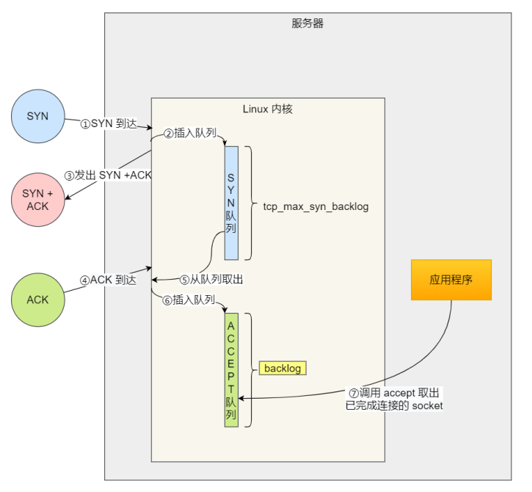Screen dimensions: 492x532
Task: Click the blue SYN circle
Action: coord(37,116)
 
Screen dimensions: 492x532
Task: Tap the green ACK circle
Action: coord(37,300)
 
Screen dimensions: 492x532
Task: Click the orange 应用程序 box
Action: coord(451,280)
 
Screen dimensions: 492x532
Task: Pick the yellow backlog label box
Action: coord(282,368)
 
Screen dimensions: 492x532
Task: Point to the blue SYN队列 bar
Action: coord(231,203)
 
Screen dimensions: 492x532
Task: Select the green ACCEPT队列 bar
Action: coord(231,369)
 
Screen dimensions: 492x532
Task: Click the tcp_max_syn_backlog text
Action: coord(316,207)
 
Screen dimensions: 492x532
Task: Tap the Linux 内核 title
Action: coord(268,109)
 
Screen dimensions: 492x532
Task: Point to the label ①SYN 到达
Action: coord(109,124)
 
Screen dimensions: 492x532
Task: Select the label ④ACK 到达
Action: coord(109,280)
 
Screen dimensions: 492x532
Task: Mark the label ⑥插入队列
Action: coord(189,300)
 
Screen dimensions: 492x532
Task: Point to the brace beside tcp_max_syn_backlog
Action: coord(249,203)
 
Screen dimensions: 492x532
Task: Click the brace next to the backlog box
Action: coord(249,369)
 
